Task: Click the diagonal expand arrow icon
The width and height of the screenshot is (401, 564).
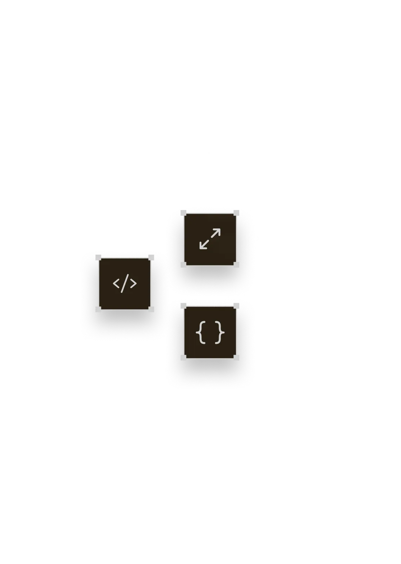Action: point(210,239)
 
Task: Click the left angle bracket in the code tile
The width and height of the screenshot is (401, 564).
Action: point(116,283)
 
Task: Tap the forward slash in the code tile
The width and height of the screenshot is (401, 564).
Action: point(125,283)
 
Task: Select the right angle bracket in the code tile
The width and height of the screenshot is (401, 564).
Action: point(133,283)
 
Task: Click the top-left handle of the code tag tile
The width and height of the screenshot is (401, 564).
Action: point(98,258)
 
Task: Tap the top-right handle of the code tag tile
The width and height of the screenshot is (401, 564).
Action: point(151,258)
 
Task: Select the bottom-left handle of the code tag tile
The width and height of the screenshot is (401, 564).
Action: point(98,309)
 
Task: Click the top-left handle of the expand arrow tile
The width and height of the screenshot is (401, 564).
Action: point(183,213)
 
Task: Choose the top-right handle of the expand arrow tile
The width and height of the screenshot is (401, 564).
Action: point(236,213)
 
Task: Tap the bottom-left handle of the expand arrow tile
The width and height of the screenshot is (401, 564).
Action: point(183,265)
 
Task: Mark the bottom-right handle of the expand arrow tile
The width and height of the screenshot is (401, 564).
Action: point(236,265)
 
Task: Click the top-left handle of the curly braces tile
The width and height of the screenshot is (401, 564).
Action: point(183,306)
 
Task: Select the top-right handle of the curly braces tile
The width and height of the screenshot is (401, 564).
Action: point(236,306)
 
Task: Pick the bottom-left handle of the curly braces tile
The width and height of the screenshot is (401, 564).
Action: point(183,358)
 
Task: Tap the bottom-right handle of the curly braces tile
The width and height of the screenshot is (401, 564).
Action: point(236,358)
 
